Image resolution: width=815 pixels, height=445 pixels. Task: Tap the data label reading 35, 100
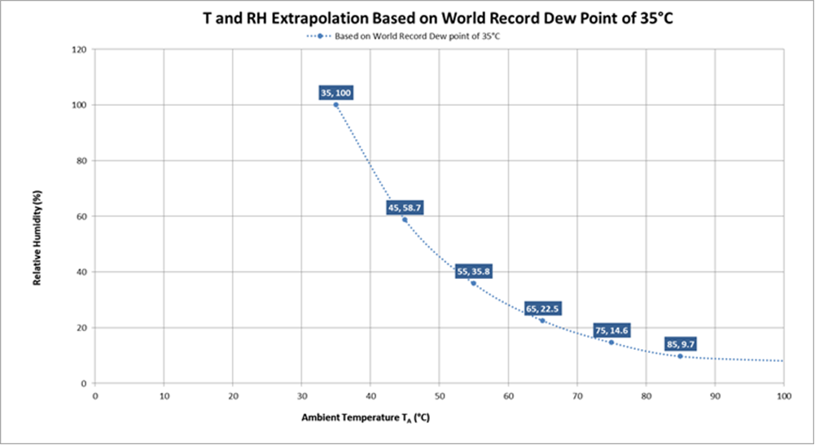335,94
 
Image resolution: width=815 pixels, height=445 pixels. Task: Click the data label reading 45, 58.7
404,208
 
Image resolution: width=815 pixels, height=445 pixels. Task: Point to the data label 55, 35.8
473,272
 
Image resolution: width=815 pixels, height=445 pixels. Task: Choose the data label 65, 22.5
542,309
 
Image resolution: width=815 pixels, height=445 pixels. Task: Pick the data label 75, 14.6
611,331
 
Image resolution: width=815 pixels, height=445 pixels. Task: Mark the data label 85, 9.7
681,344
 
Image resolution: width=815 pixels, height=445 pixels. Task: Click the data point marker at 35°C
335,105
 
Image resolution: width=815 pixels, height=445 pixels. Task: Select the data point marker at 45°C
405,220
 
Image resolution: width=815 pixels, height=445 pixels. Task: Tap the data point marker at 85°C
681,356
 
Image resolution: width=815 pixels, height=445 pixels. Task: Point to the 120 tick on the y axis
80,50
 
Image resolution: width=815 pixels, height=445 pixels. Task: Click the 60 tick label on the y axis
82,216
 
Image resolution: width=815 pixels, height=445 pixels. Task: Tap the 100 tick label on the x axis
783,396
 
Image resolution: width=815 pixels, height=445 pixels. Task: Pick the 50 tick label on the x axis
439,396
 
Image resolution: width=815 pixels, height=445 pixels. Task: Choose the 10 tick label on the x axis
164,396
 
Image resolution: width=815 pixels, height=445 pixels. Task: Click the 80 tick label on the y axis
82,161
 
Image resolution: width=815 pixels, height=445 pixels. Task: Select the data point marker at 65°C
542,321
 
